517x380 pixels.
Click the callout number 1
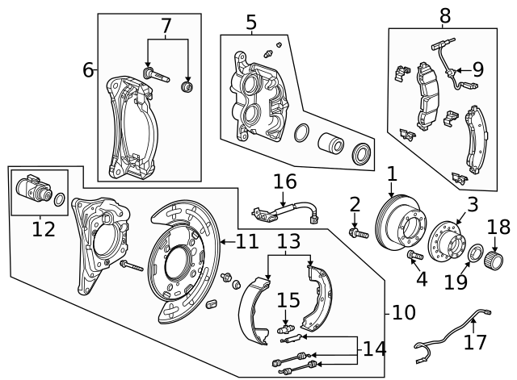392,173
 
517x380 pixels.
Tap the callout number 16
284,181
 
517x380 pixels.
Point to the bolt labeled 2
357,233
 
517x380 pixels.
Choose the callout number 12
44,229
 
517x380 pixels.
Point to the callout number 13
288,240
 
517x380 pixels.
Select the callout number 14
374,349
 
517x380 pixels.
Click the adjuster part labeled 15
284,328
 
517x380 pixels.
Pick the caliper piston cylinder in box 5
331,145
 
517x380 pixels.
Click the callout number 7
166,27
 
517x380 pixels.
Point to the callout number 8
445,15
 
